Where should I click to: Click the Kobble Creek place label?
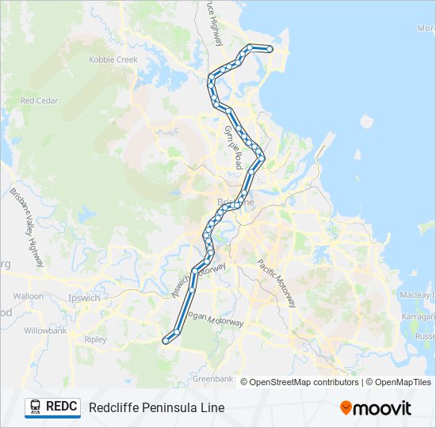(113, 59)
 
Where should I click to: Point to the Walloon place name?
(29, 296)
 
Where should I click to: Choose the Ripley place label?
(94, 339)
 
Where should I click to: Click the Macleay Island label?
(418, 295)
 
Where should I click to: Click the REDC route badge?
(52, 407)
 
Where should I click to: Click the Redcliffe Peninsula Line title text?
(156, 407)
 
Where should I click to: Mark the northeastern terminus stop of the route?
(270, 49)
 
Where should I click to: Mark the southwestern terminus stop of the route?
(166, 340)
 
